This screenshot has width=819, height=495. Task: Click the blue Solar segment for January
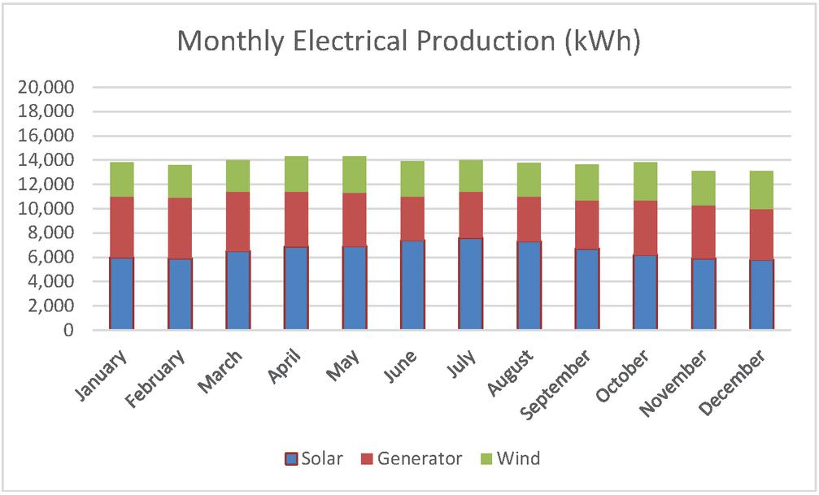coord(122,293)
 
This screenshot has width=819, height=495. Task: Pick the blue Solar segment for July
coord(471,284)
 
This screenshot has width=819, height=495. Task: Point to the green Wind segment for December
coord(761,190)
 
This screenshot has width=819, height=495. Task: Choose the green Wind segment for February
coord(180,181)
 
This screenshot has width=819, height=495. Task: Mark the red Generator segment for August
coord(529,219)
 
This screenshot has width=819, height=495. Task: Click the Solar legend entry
coord(314,458)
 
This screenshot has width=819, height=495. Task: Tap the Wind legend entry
coord(510,458)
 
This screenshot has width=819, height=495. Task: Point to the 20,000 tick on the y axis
coord(50,87)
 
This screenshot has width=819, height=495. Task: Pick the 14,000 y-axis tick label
coord(50,160)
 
